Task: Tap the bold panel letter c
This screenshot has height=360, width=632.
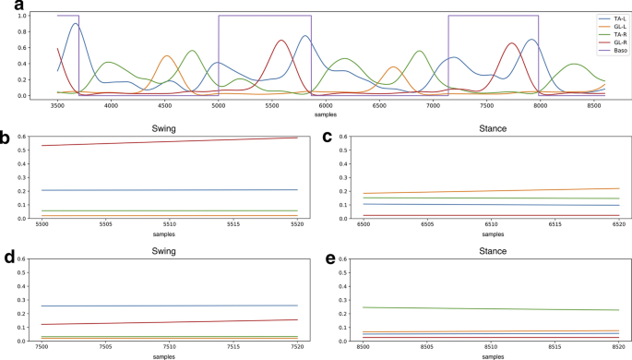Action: click(328, 138)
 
